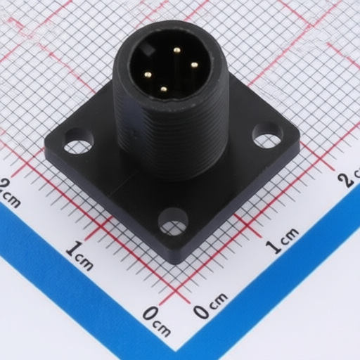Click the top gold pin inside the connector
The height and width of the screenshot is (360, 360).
177,50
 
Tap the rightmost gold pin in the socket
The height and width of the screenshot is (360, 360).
194,65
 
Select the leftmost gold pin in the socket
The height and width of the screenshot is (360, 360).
148,75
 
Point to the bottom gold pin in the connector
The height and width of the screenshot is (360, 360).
164,89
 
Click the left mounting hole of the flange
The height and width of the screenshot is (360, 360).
79,141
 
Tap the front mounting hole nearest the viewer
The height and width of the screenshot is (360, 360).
173,221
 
